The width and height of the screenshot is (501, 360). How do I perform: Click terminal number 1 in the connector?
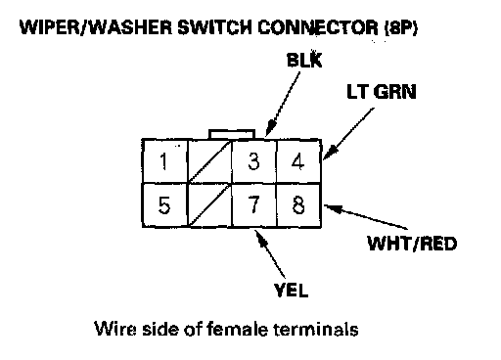165,161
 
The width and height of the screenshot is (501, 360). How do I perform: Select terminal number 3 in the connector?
254,161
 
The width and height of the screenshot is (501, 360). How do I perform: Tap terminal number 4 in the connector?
298,161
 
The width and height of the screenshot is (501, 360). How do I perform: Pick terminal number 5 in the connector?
165,204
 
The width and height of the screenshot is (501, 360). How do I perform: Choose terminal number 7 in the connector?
254,204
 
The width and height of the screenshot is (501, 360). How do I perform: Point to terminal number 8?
298,204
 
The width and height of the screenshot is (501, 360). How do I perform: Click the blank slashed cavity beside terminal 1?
209,161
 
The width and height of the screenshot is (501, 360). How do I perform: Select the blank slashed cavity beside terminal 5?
209,204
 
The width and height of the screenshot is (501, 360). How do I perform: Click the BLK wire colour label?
304,60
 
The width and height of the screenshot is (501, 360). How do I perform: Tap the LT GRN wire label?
382,92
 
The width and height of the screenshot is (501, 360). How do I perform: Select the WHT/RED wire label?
412,244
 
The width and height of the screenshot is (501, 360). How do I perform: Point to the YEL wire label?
291,290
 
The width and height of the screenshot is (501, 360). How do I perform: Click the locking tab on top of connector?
232,134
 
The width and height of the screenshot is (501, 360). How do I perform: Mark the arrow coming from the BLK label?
283,104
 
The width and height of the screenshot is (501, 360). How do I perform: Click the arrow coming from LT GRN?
348,134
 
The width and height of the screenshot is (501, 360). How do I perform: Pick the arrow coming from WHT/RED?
366,216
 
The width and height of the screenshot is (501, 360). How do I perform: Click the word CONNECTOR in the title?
318,27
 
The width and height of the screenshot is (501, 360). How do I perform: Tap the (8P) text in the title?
401,28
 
